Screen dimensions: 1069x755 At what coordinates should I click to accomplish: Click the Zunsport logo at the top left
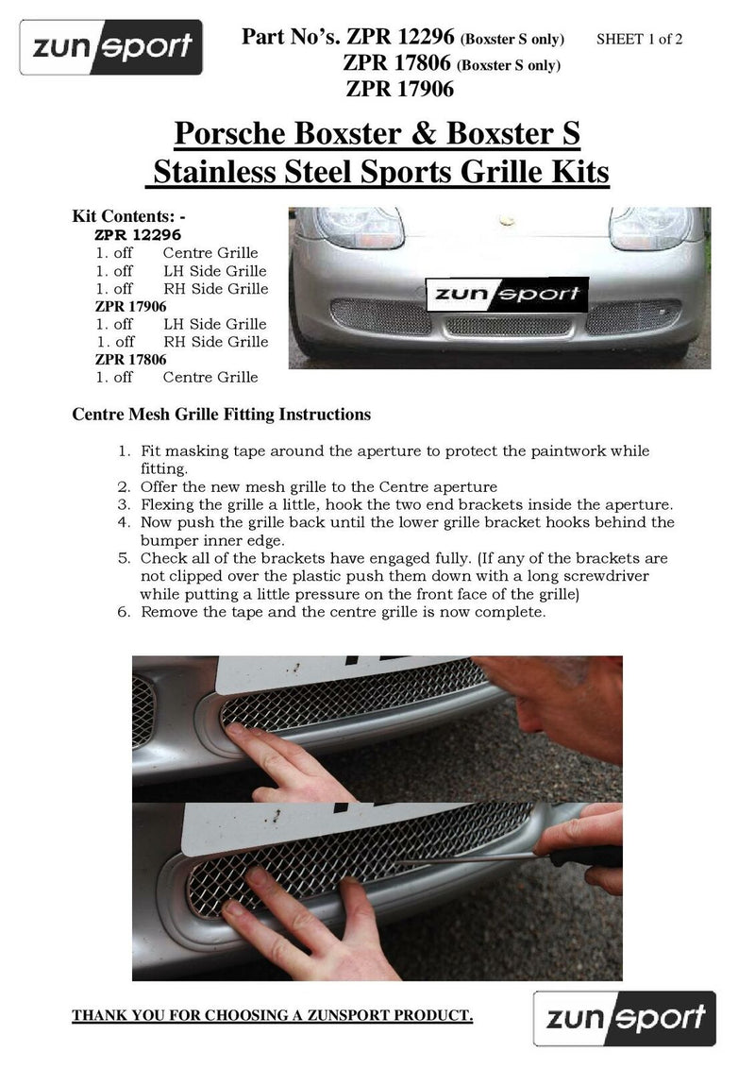112,44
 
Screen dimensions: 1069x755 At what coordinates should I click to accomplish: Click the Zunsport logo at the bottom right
624,1017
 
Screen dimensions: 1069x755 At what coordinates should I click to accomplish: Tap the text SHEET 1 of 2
640,39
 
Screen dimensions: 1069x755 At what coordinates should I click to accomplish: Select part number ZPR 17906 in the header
400,90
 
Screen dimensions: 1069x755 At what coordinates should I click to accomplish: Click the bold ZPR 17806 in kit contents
130,359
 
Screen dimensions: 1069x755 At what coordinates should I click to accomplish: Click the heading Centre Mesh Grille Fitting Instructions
221,414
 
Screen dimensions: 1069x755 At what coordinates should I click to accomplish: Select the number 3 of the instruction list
124,504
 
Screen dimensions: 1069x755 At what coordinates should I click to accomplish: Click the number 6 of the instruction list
124,612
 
